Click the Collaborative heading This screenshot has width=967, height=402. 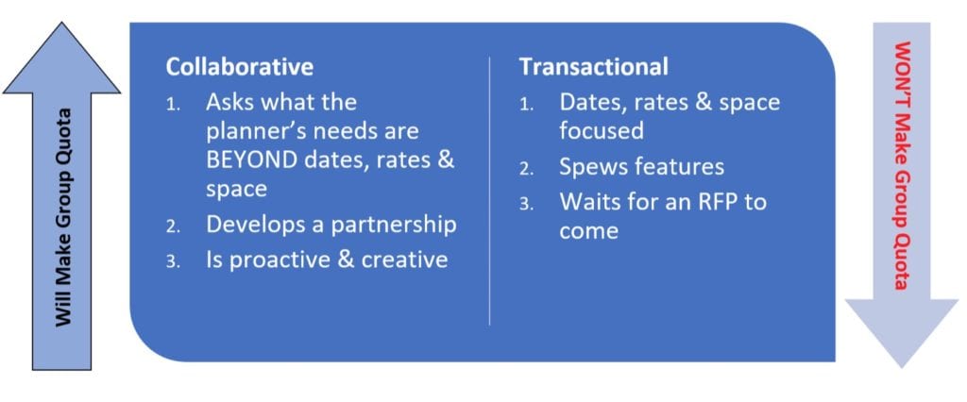(239, 67)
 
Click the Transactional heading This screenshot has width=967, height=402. (593, 67)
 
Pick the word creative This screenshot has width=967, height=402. (404, 260)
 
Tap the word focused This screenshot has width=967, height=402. (602, 131)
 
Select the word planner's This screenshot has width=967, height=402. (253, 132)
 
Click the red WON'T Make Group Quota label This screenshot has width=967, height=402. (901, 165)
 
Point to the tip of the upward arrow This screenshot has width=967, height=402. (61, 23)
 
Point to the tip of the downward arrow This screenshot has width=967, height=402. (902, 367)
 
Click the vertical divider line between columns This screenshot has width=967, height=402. (490, 191)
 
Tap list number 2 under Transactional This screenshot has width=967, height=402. (525, 170)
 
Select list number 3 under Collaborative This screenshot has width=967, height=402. (172, 262)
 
